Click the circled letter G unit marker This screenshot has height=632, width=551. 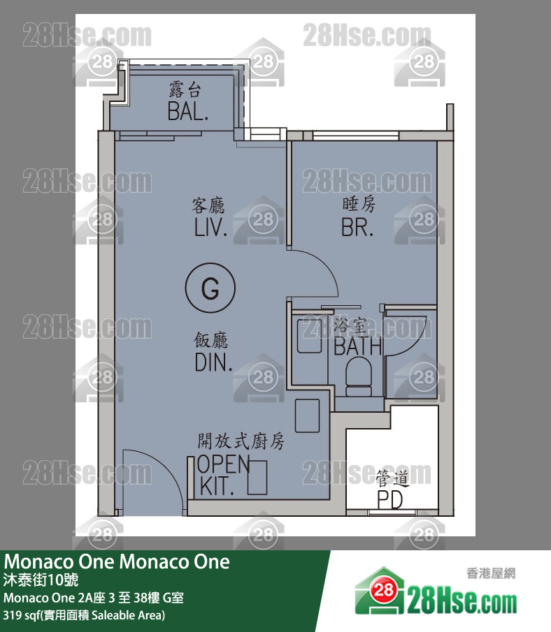coord(210,288)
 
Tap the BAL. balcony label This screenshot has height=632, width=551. coord(188,111)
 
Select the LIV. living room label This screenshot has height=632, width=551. coord(210,228)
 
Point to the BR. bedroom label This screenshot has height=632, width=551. coord(357,228)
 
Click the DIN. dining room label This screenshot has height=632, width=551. coord(213,362)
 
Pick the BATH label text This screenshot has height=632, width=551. coord(357,346)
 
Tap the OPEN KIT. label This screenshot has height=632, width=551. coord(223,475)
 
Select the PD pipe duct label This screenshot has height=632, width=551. coord(390,499)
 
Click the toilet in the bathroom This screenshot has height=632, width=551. coord(359,377)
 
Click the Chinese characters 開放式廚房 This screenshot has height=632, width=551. coord(241,441)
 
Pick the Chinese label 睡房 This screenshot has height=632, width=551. coord(359,204)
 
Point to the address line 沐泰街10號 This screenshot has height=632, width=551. coord(41,580)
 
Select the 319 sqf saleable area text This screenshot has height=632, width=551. coord(84,615)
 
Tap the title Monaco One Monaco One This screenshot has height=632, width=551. coord(117,561)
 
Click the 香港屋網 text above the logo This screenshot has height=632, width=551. coord(491,573)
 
